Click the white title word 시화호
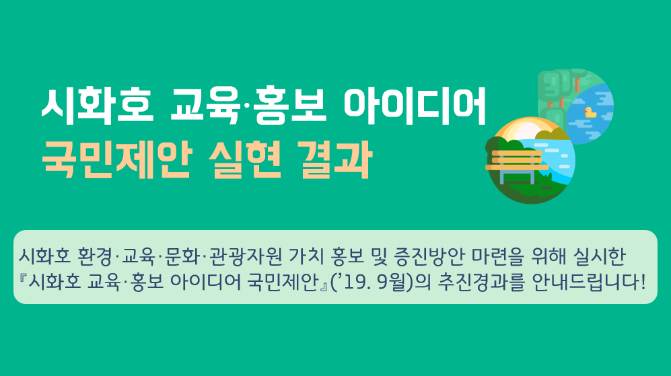pos(97,106)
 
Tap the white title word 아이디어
pos(415,106)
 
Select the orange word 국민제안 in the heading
pos(116,160)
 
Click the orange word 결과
pos(337,160)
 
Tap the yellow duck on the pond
pos(590,112)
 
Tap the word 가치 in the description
pos(306,256)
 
